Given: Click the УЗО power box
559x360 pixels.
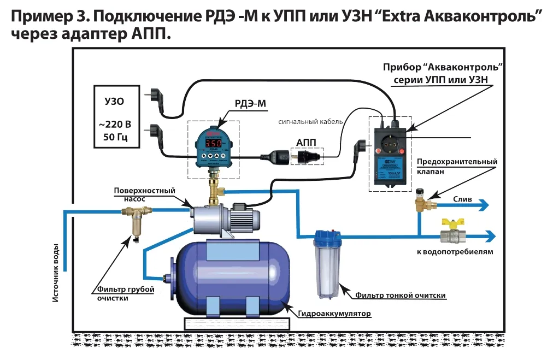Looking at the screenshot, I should point(115,116).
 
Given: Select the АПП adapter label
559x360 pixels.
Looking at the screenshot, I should point(307,142).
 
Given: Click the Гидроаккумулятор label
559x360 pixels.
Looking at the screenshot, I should point(334,314).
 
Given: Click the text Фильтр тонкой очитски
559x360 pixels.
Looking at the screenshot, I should point(401,295).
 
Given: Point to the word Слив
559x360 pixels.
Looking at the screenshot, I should point(462,199).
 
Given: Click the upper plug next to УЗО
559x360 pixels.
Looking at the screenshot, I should point(153,97).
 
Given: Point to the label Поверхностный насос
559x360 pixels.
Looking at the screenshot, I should point(144,195).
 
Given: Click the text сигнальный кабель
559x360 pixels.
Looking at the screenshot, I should point(309,122).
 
